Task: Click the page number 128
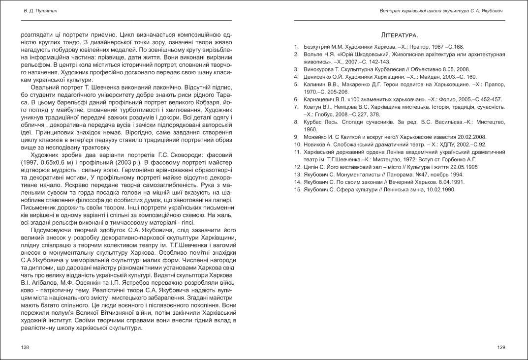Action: [x=25, y=347]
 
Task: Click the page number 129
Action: [x=501, y=347]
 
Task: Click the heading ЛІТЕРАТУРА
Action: [x=400, y=35]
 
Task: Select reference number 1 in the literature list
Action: [x=296, y=47]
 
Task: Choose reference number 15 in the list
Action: [x=297, y=189]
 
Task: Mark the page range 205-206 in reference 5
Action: [x=337, y=92]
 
